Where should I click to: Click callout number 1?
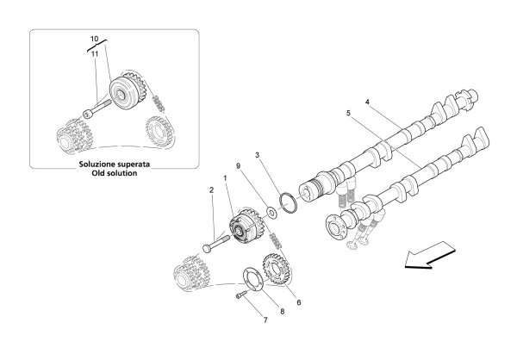coord(225,178)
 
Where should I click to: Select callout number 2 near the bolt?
coord(211,189)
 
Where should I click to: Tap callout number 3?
coord(258,155)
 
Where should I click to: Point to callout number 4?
coord(367,102)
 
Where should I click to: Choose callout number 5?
coord(348,113)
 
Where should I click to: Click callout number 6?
coord(298,302)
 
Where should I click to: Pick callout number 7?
coord(265,320)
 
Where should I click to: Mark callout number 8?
coord(283,311)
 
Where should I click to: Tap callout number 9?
coord(239,166)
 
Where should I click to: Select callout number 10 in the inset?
coord(94,39)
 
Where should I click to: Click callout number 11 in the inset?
coord(95,53)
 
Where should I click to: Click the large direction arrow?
coord(430,255)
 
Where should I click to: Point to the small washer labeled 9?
coord(272,213)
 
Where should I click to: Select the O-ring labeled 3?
coord(288,203)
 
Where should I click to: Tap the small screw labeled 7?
coord(241,295)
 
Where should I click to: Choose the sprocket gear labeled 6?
coord(276,269)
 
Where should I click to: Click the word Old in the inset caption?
coord(99,173)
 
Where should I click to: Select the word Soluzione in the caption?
coord(97,164)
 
